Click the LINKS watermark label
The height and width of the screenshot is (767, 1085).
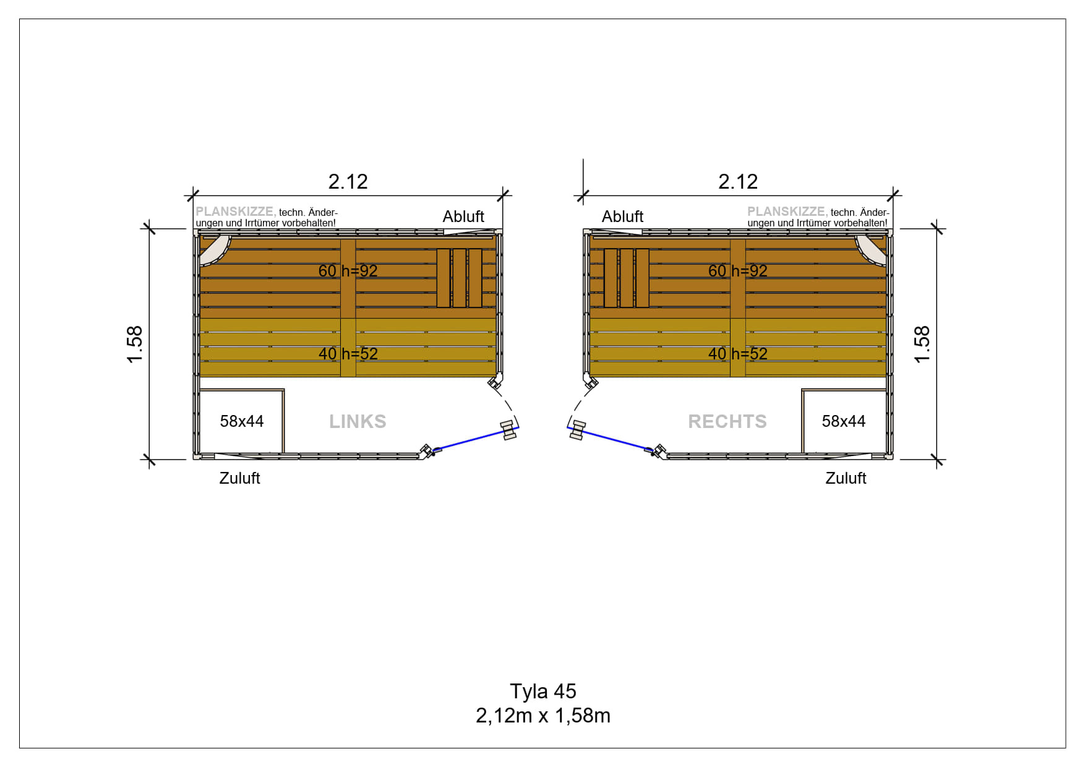(358, 421)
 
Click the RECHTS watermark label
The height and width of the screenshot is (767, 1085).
(727, 421)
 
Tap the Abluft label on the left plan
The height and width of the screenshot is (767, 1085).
(463, 216)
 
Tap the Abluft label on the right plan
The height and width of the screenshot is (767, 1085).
(622, 216)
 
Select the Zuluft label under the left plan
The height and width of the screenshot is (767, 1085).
(239, 478)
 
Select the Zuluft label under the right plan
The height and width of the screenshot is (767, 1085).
(846, 478)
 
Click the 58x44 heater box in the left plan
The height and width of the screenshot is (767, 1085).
(241, 421)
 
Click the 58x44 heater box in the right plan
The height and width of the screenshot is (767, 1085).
(844, 421)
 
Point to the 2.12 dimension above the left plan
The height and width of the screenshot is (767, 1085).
(348, 181)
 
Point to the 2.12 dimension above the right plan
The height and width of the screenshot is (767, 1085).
(738, 181)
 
